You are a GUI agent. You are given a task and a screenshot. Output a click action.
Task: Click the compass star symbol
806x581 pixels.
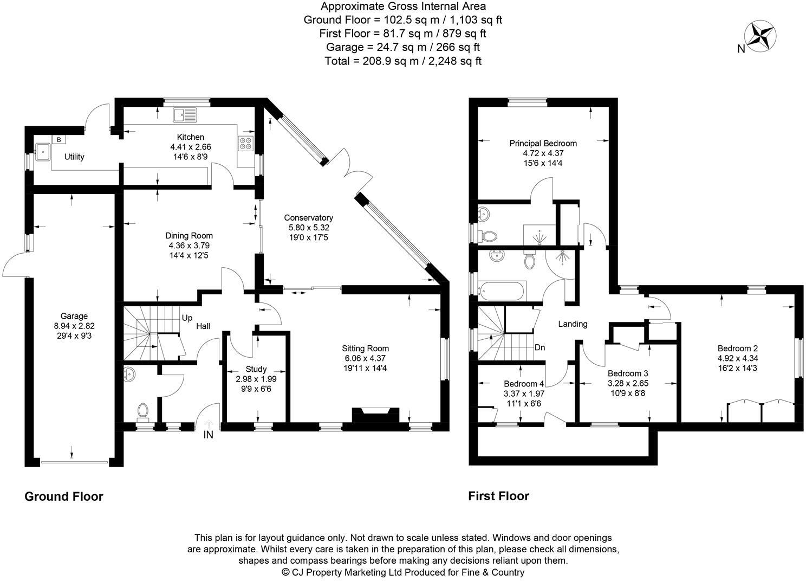click(x=761, y=36)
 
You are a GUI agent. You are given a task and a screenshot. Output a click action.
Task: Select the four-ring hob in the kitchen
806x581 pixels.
click(x=245, y=143)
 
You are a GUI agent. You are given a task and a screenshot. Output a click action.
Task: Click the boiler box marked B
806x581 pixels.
click(x=58, y=140)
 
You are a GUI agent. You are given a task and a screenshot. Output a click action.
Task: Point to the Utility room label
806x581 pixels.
click(x=74, y=157)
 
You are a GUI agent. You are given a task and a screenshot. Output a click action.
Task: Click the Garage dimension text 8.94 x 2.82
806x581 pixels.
click(x=74, y=326)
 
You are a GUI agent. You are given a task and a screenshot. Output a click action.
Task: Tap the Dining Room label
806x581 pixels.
click(x=189, y=236)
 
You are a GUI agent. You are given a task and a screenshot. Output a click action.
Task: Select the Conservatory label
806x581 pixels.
click(x=308, y=218)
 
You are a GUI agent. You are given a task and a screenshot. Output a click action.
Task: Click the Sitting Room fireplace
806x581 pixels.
click(x=375, y=416)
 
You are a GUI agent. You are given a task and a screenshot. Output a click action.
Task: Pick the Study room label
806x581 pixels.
click(x=256, y=369)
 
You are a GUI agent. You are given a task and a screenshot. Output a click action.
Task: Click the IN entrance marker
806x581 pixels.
click(x=209, y=435)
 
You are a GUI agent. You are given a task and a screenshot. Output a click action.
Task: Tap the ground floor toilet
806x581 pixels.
click(x=144, y=411)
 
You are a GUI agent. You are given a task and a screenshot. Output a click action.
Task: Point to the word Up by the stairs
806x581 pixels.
click(x=187, y=318)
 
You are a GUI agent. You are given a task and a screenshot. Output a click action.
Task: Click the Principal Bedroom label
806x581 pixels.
click(x=543, y=144)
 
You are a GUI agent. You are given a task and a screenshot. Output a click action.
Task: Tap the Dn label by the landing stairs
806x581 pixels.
click(x=539, y=347)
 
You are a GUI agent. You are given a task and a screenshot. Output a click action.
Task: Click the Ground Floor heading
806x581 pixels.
click(x=64, y=496)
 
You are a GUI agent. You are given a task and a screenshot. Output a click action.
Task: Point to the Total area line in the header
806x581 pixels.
click(x=403, y=61)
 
